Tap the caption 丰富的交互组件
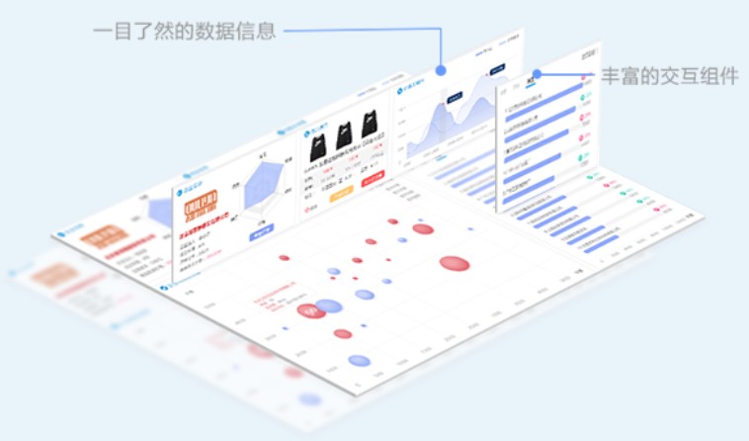pyautogui.click(x=669, y=76)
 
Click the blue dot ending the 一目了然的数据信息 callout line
pyautogui.click(x=441, y=71)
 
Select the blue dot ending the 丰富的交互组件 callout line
pyautogui.click(x=537, y=73)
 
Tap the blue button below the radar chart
pyautogui.click(x=262, y=235)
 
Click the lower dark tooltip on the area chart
pyautogui.click(x=455, y=97)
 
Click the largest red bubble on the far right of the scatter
pyautogui.click(x=454, y=264)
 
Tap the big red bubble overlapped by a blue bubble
pyautogui.click(x=311, y=310)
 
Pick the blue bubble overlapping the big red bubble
pyautogui.click(x=329, y=307)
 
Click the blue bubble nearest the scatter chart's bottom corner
pyautogui.click(x=359, y=361)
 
